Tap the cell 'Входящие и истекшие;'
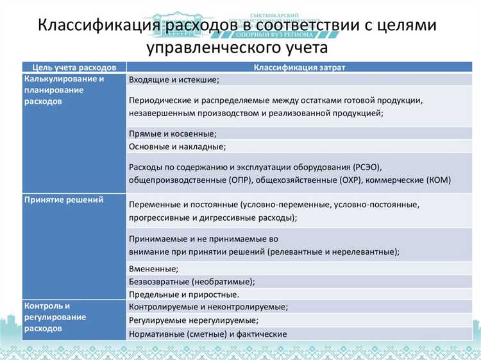174,80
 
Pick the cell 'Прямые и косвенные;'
173,133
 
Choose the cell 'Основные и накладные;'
177,147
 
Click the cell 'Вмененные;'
153,268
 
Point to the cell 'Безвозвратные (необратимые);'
192,282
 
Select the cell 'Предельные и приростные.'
184,295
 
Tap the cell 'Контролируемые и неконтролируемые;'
208,307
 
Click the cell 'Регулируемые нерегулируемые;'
194,320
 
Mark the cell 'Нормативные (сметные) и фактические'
208,334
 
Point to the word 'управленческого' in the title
207,47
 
